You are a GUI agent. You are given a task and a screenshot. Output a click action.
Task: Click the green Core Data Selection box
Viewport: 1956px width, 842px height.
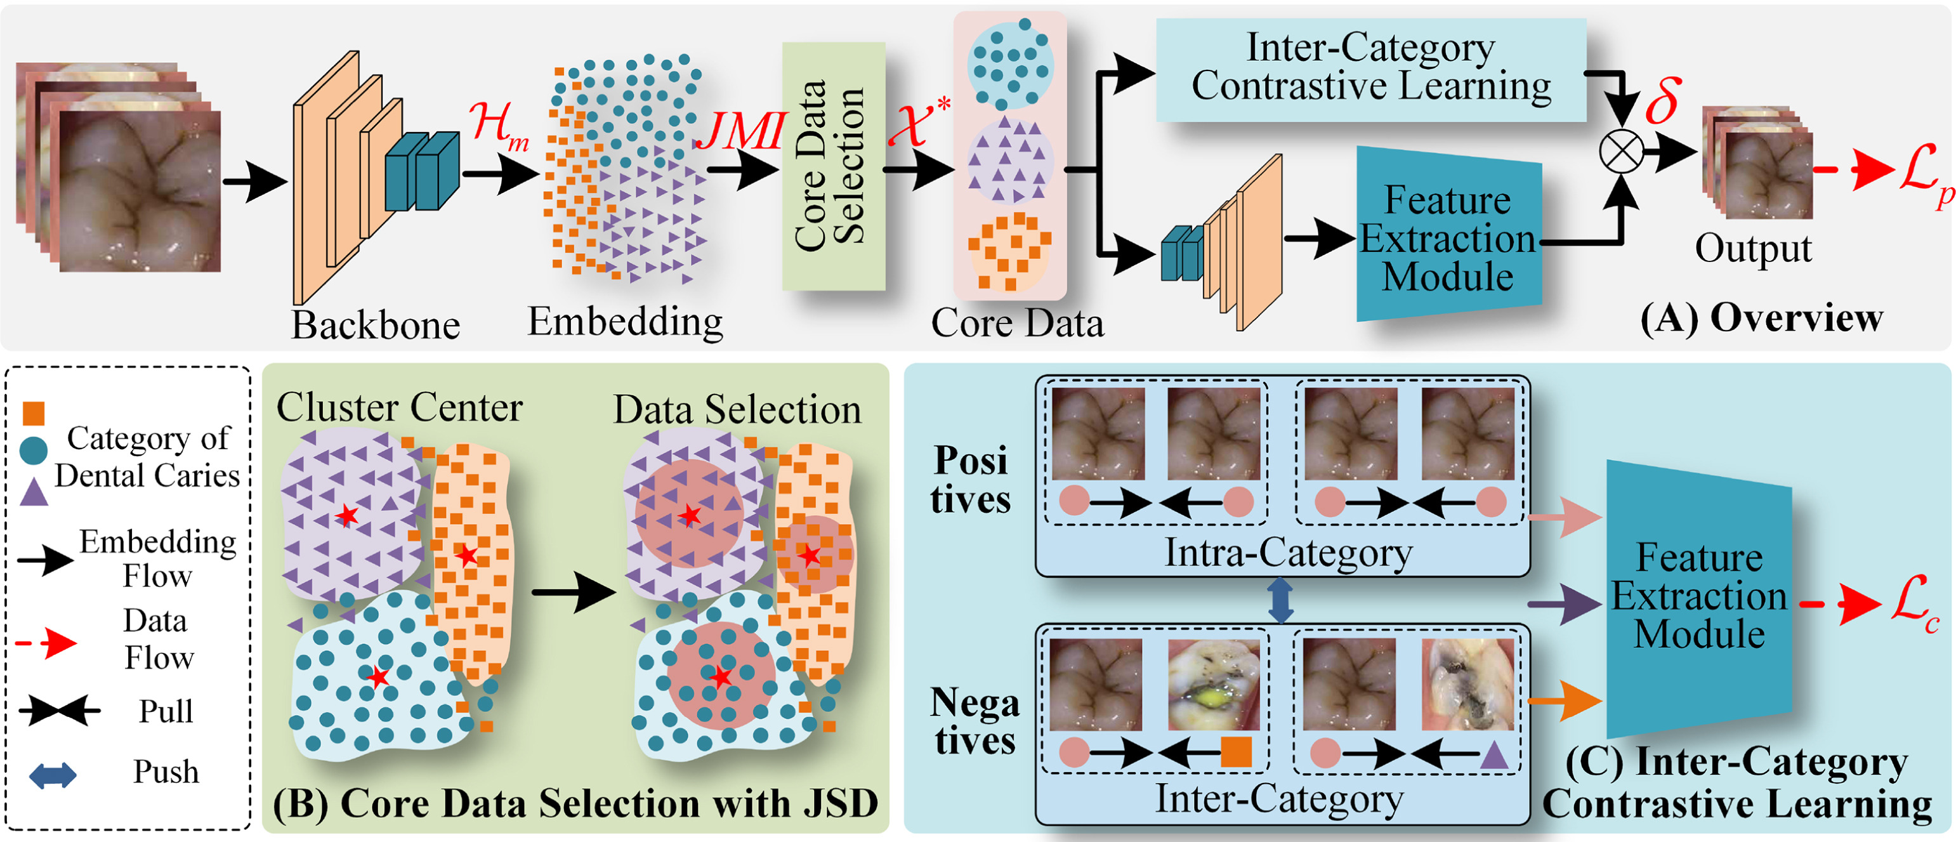click(x=834, y=166)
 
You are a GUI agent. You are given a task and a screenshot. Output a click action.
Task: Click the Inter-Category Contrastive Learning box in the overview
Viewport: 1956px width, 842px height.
click(x=1370, y=69)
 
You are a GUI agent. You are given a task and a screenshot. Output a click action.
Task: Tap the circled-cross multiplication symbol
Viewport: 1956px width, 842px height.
click(x=1621, y=151)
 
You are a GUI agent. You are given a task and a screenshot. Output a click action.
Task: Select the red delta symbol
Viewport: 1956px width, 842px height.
click(x=1662, y=100)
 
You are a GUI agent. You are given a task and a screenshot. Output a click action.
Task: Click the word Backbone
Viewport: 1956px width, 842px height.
click(x=376, y=325)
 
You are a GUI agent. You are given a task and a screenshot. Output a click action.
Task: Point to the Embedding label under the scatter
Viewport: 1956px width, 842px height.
click(x=625, y=321)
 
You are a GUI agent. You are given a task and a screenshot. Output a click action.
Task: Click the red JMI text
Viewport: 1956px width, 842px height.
click(x=740, y=131)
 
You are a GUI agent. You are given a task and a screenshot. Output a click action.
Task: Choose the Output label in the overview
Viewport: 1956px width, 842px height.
click(x=1752, y=248)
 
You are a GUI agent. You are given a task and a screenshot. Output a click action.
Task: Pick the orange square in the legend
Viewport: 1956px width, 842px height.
click(x=34, y=413)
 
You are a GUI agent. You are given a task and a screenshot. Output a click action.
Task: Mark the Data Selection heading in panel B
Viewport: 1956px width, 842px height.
click(x=737, y=410)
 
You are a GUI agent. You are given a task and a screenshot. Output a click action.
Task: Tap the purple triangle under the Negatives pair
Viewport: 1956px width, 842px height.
click(x=1494, y=754)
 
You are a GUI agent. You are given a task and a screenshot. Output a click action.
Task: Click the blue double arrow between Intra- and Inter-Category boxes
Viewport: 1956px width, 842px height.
click(x=1281, y=600)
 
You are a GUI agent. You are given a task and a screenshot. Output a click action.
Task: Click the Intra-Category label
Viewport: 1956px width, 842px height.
click(x=1289, y=553)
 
